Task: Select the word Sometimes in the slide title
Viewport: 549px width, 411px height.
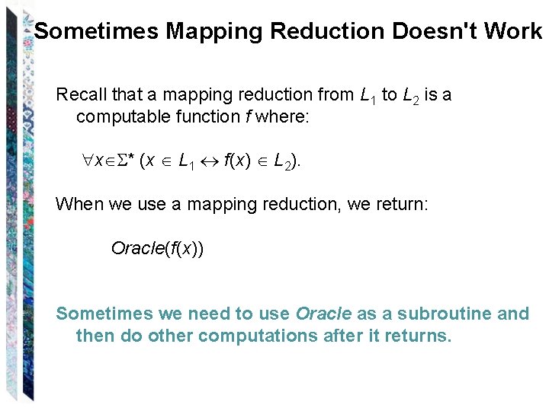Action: tap(97, 31)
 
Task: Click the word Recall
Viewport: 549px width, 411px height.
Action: tap(82, 95)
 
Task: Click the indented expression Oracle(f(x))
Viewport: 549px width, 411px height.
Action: tap(157, 248)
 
